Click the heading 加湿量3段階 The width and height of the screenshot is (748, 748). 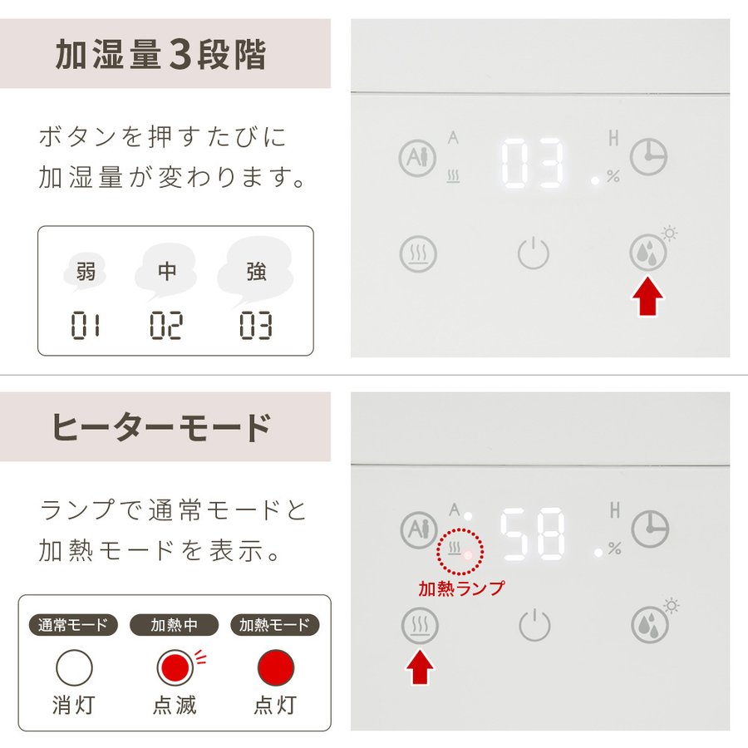pyautogui.click(x=160, y=54)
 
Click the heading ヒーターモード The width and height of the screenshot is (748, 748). pyautogui.click(x=162, y=427)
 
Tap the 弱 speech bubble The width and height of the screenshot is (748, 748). pyautogui.click(x=86, y=273)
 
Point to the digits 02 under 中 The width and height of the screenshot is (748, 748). pyautogui.click(x=166, y=325)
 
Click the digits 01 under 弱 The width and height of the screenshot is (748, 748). pyautogui.click(x=86, y=325)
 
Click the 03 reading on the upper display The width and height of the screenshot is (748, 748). pyautogui.click(x=532, y=163)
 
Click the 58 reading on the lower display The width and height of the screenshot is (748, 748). pyautogui.click(x=532, y=534)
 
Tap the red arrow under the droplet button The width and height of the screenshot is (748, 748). pyautogui.click(x=647, y=296)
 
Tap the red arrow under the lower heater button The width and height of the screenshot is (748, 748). pyautogui.click(x=420, y=667)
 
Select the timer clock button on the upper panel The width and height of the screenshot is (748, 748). pyautogui.click(x=648, y=157)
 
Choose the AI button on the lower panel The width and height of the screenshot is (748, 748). pyautogui.click(x=420, y=529)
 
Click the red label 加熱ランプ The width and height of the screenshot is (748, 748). pyautogui.click(x=460, y=588)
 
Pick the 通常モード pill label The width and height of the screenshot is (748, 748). pyautogui.click(x=73, y=624)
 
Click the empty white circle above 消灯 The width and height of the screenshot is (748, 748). pyautogui.click(x=75, y=667)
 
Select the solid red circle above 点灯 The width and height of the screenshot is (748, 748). pyautogui.click(x=276, y=667)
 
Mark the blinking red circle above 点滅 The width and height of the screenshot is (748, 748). pyautogui.click(x=175, y=667)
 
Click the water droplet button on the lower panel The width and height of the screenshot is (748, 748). pyautogui.click(x=649, y=624)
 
